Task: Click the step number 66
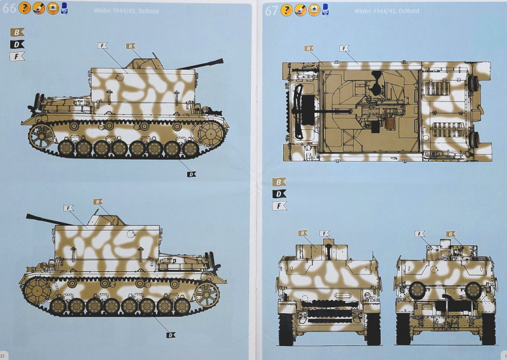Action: [x=9, y=10]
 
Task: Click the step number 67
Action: [x=272, y=11]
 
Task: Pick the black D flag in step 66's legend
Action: [x=17, y=44]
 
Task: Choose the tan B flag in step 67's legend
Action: [x=279, y=182]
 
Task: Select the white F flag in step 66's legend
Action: [x=17, y=56]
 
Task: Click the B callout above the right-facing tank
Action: [x=131, y=46]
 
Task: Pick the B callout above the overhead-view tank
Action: [x=309, y=48]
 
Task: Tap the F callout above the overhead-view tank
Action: [x=345, y=48]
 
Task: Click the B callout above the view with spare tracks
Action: [x=303, y=233]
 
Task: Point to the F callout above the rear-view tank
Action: [x=420, y=234]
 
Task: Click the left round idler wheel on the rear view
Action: [x=416, y=289]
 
